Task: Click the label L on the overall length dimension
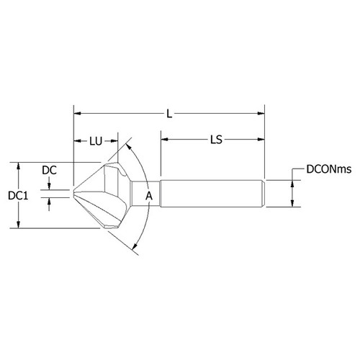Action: pyautogui.click(x=169, y=113)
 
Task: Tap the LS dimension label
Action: pyautogui.click(x=213, y=140)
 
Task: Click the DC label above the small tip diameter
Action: pyautogui.click(x=49, y=170)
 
